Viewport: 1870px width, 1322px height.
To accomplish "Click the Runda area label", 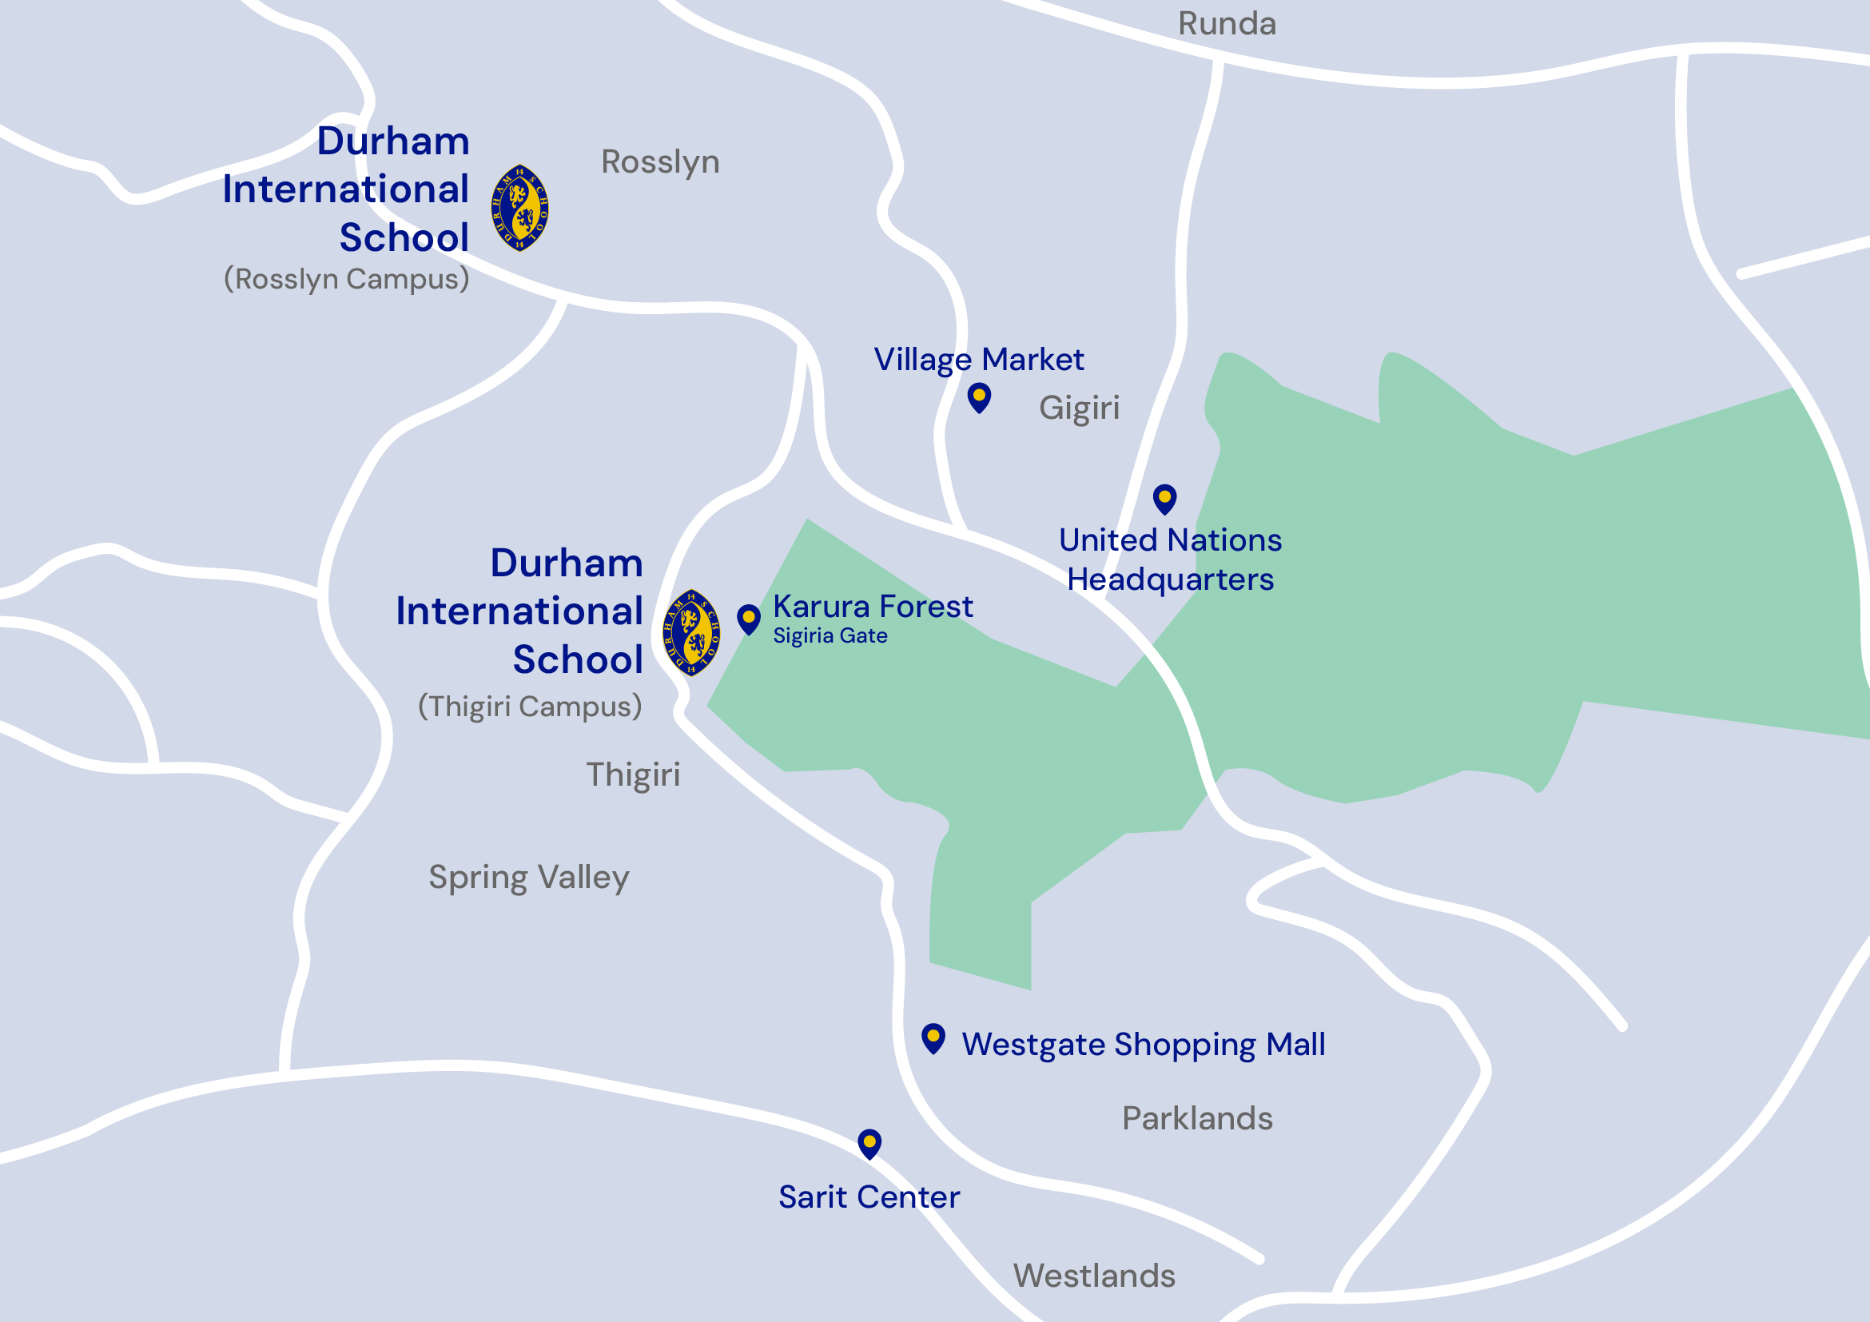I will (1227, 24).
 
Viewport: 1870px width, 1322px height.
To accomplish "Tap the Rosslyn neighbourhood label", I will (660, 161).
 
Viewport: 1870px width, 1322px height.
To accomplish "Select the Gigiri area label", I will (1078, 407).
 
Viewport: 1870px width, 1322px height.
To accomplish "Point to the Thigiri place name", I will (633, 774).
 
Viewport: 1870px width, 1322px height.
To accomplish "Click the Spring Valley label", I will (528, 878).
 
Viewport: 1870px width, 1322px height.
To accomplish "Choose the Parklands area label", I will (1196, 1117).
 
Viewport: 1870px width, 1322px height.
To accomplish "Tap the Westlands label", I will (1094, 1275).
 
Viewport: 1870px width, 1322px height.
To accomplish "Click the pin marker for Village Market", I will (979, 397).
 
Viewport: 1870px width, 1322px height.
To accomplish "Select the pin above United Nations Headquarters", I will (1164, 499).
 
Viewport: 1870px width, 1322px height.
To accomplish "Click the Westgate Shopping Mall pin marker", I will (933, 1038).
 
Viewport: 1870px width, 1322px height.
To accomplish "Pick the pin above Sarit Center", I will (869, 1144).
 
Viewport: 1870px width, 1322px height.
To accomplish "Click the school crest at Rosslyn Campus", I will (519, 208).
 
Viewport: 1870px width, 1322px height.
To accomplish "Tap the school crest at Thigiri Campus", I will (690, 633).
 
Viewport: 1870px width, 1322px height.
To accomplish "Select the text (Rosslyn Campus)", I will (347, 279).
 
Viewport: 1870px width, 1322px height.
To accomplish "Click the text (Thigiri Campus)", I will (530, 706).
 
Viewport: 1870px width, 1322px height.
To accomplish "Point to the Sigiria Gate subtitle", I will (830, 635).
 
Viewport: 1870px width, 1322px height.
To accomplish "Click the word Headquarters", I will (1170, 579).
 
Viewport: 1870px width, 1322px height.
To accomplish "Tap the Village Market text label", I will (978, 359).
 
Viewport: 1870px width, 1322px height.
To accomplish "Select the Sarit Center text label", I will (869, 1197).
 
